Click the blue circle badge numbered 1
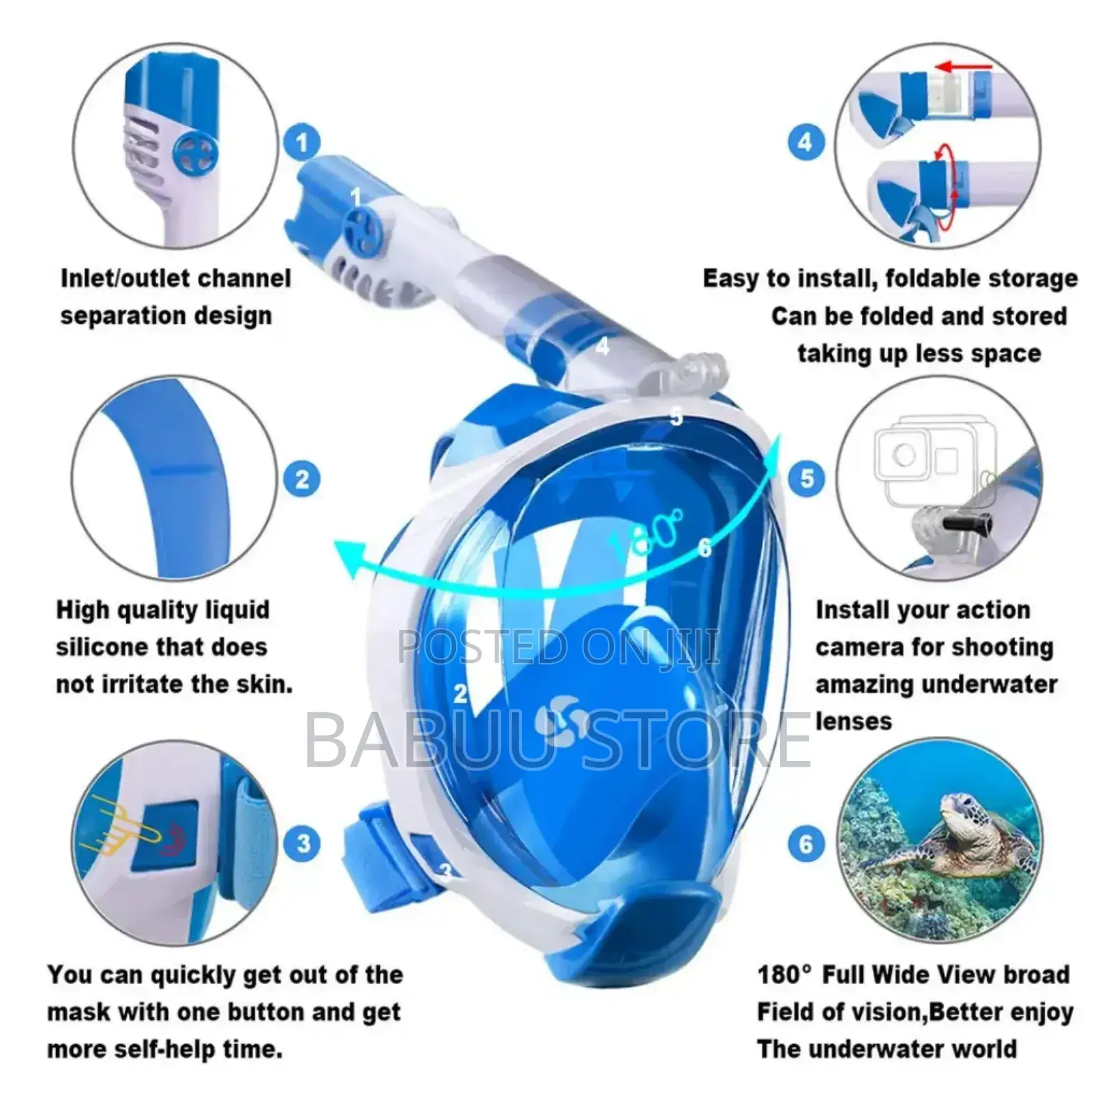pos(302,144)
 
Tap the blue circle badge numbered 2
pos(302,479)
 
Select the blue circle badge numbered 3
pos(303,844)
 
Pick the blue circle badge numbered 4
pos(806,143)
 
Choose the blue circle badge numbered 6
pos(806,845)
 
